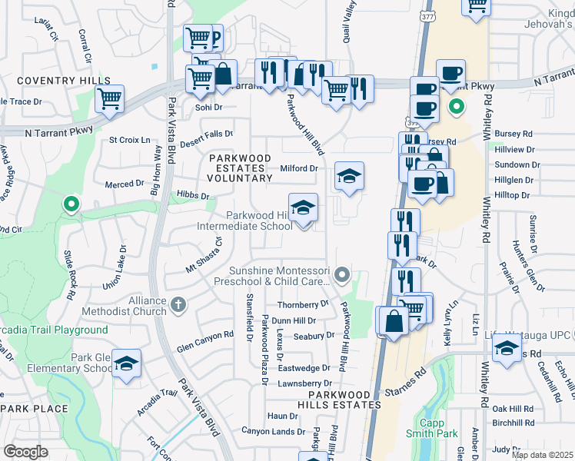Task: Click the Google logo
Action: pyautogui.click(x=25, y=452)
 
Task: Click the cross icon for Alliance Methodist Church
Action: pyautogui.click(x=178, y=305)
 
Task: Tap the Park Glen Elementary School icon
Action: pyautogui.click(x=127, y=363)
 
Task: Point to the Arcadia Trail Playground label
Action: pyautogui.click(x=54, y=330)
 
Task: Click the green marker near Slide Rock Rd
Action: pyautogui.click(x=71, y=204)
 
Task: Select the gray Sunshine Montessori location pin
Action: pyautogui.click(x=344, y=274)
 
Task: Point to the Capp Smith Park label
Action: pyautogui.click(x=437, y=428)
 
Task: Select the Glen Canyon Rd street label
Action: pyautogui.click(x=205, y=335)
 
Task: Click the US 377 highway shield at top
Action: pyautogui.click(x=424, y=14)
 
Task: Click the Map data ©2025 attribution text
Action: pyautogui.click(x=542, y=455)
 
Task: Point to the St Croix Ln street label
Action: pyautogui.click(x=129, y=140)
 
